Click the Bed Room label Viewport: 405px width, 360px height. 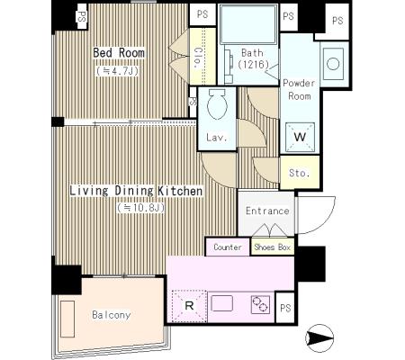[119, 53]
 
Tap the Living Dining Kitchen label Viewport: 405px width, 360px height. [136, 191]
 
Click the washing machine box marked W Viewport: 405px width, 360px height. [300, 137]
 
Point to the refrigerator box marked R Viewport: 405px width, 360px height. [189, 306]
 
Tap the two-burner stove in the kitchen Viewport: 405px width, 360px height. [260, 305]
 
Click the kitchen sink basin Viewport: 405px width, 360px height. [222, 303]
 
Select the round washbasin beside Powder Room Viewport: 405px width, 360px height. [333, 64]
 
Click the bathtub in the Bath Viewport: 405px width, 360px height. [248, 24]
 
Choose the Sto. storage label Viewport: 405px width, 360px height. [299, 173]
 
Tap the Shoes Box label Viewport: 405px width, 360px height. [273, 247]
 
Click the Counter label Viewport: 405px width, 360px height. [228, 247]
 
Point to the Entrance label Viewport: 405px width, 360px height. [267, 211]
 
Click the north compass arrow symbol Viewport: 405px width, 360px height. [319, 338]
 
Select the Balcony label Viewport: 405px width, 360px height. [112, 315]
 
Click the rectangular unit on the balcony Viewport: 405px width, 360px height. [67, 319]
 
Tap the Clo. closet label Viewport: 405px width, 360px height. [197, 58]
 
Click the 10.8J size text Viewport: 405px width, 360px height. [140, 208]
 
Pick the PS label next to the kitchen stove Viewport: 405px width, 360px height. [285, 308]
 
